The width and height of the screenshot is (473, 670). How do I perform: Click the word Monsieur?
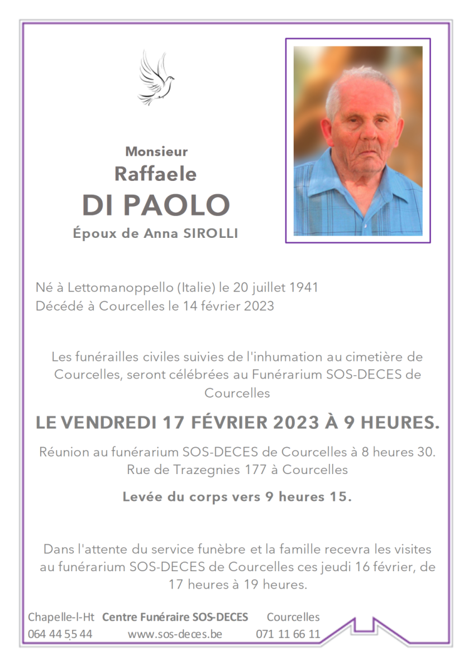click(x=156, y=151)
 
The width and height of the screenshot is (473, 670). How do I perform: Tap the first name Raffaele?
click(x=155, y=174)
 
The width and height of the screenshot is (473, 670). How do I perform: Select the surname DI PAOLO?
click(x=156, y=205)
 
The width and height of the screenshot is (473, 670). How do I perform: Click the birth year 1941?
click(x=304, y=288)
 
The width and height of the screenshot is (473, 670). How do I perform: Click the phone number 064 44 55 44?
click(x=60, y=634)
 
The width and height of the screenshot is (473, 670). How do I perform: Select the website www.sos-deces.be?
click(x=175, y=634)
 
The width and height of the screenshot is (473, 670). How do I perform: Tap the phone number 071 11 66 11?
click(x=288, y=634)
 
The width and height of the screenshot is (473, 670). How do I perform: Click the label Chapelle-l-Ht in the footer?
click(x=61, y=617)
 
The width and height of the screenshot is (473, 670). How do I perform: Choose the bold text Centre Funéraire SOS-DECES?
click(x=175, y=617)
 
